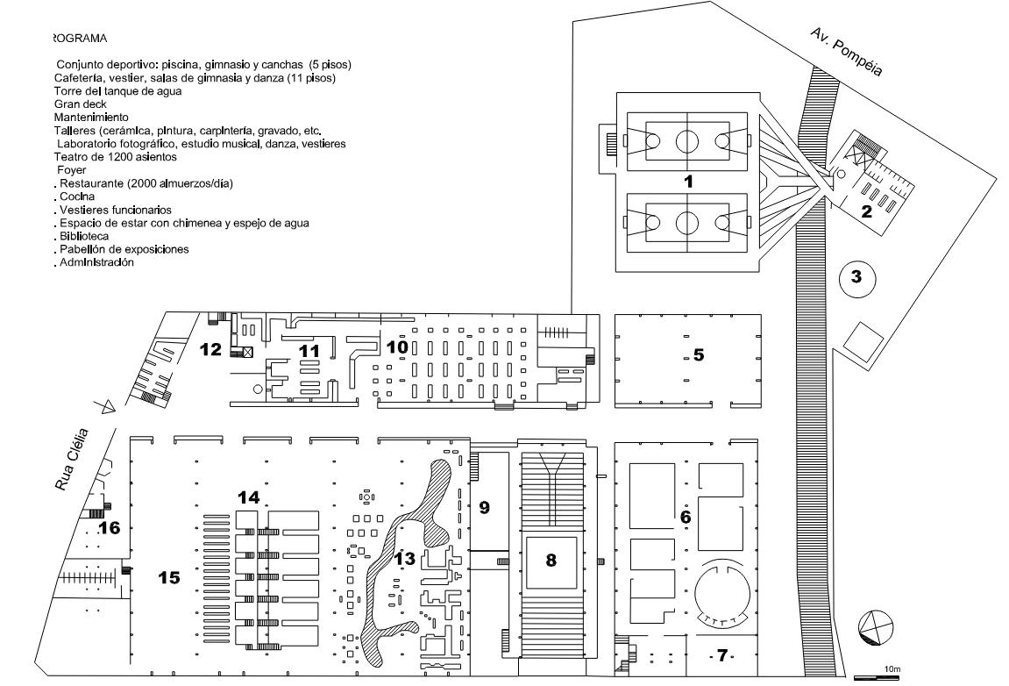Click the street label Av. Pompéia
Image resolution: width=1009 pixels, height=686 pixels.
coord(845,53)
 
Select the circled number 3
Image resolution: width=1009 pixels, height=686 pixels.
coord(856,277)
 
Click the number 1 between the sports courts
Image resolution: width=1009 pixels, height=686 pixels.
coord(688,182)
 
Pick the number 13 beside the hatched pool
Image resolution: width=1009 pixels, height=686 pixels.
coord(404,558)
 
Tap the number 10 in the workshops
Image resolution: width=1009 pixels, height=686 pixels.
coord(397,347)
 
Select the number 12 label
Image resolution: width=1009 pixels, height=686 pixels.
coord(210,349)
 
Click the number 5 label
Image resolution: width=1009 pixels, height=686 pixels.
coord(699,354)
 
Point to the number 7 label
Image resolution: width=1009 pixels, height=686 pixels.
coord(721,655)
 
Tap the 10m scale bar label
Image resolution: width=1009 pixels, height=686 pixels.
coord(892,669)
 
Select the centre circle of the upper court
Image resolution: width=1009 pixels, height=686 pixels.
coord(687,139)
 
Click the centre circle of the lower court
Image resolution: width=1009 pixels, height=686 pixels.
coord(687,222)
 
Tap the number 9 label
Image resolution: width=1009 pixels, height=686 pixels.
coord(484,507)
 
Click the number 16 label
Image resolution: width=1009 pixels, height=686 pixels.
coord(109,527)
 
